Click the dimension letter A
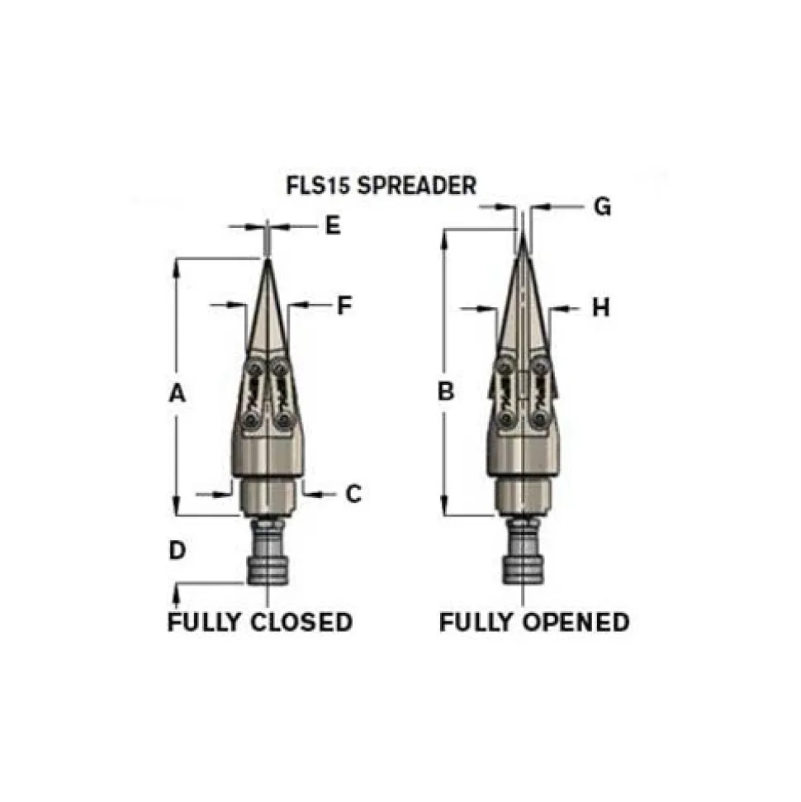(177, 394)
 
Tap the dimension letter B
(446, 392)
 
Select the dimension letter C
(353, 494)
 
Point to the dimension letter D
(177, 551)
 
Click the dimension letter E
(333, 225)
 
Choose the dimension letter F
(344, 306)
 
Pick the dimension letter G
(603, 207)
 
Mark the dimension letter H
(601, 308)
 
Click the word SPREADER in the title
(417, 185)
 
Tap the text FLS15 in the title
(318, 185)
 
